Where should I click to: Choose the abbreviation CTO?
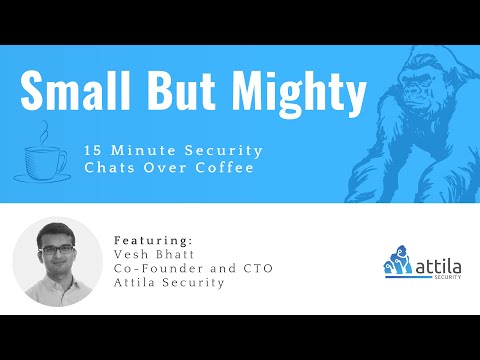point(255,268)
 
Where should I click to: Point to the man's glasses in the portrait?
point(57,245)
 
